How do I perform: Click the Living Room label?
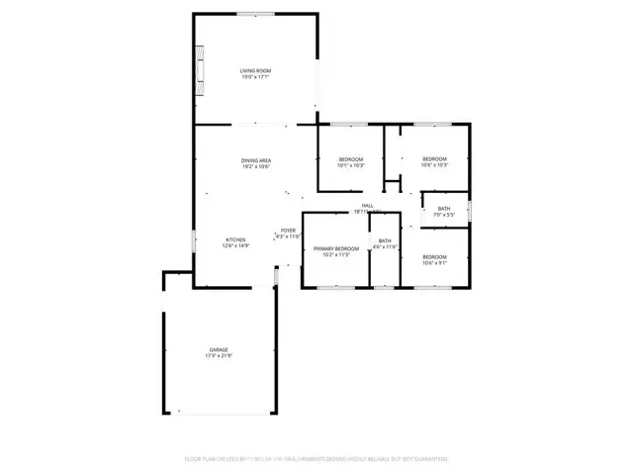(x=256, y=71)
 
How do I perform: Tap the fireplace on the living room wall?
(x=201, y=72)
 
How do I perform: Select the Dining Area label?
(x=256, y=160)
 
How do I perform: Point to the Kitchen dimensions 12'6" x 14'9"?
(x=235, y=246)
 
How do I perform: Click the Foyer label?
(x=287, y=231)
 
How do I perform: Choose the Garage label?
(x=218, y=349)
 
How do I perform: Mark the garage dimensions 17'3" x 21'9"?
(x=218, y=356)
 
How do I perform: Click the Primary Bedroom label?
(x=336, y=248)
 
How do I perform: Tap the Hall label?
(x=366, y=206)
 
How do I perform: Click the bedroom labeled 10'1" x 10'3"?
(x=351, y=162)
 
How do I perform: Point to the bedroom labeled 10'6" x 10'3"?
(x=435, y=162)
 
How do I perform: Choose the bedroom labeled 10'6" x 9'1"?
(x=435, y=259)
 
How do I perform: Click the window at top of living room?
(x=255, y=13)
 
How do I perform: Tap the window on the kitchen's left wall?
(x=194, y=239)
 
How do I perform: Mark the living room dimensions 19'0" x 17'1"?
(x=256, y=78)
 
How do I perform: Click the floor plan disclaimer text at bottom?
(x=316, y=459)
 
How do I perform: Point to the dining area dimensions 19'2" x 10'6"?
(x=256, y=167)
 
